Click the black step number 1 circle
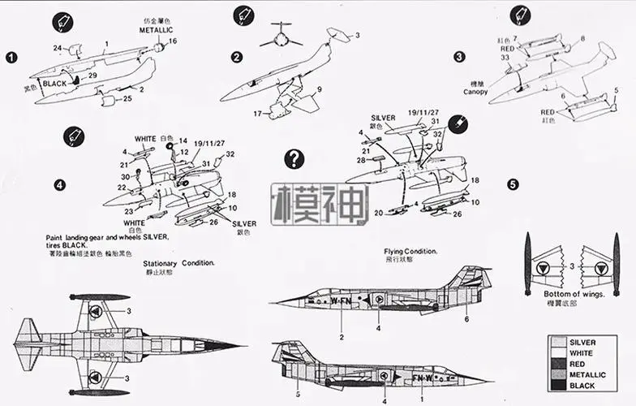(11, 58)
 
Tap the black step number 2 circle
(237, 57)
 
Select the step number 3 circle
(460, 57)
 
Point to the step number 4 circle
(59, 184)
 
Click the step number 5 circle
(513, 184)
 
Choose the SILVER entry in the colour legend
(583, 343)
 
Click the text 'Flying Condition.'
(411, 252)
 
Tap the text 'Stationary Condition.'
(178, 263)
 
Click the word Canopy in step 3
(476, 92)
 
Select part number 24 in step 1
(58, 48)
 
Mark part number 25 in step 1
(127, 99)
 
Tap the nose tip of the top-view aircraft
(243, 345)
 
